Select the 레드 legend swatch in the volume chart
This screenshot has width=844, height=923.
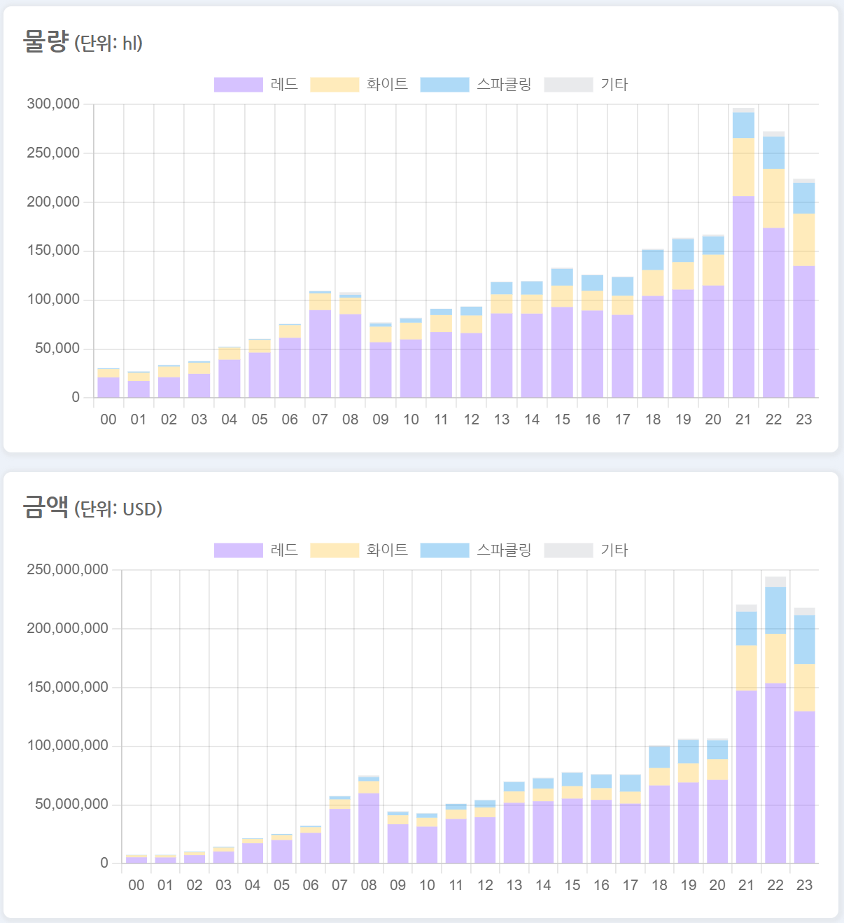point(239,85)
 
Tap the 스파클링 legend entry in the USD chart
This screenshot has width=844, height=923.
point(476,550)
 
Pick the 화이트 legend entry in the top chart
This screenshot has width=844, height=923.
point(359,85)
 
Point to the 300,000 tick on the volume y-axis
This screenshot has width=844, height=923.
point(53,104)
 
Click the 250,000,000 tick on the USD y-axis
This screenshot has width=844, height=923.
point(67,569)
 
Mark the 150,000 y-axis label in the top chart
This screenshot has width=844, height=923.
point(53,251)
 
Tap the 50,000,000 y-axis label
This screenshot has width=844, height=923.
point(71,804)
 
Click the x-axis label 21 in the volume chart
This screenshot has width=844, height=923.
point(743,419)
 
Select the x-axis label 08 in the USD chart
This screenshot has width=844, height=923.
point(369,885)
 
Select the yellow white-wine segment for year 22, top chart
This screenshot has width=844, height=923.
point(773,199)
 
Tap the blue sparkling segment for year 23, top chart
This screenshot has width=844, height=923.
point(803,198)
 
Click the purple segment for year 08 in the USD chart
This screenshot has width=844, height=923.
point(369,828)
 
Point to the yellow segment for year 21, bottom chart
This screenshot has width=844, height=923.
point(747,668)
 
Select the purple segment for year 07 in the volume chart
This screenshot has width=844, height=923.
point(320,354)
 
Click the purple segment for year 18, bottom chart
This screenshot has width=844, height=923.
point(659,824)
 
